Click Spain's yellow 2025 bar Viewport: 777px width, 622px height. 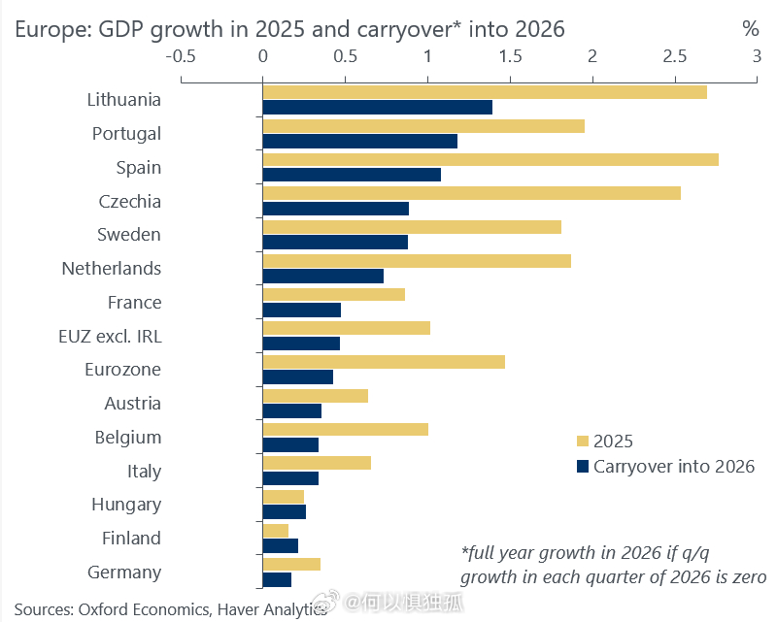[x=490, y=159]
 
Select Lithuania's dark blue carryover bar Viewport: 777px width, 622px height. [x=377, y=108]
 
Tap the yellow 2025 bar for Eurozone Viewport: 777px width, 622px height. [x=384, y=362]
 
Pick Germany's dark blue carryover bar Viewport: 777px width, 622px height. [x=277, y=580]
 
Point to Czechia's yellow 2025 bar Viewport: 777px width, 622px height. [x=471, y=193]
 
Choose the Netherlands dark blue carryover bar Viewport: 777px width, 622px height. [x=322, y=277]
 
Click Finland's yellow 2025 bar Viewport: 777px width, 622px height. [x=276, y=531]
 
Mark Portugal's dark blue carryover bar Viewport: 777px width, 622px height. [x=359, y=142]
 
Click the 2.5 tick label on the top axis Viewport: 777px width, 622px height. [x=674, y=56]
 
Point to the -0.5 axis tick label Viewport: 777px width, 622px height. [x=181, y=56]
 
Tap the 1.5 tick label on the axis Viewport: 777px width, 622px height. [x=510, y=56]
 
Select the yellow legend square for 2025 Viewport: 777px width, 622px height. [x=583, y=442]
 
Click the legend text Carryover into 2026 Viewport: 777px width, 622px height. [x=673, y=467]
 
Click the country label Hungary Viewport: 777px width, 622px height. [x=126, y=505]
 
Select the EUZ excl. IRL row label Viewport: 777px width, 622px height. [x=110, y=336]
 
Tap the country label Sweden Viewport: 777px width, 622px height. [x=129, y=235]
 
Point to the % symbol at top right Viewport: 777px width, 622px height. [x=750, y=29]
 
